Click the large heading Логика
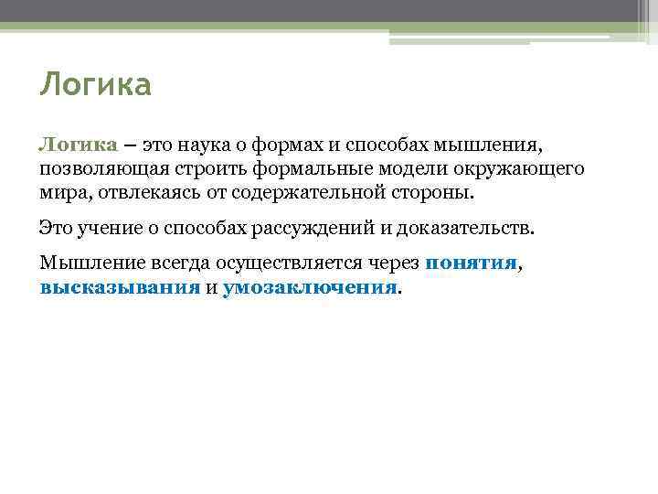95,86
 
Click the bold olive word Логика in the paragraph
78,145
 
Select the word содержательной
306,194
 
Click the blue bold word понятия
472,263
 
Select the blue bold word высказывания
120,286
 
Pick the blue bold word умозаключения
311,286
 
